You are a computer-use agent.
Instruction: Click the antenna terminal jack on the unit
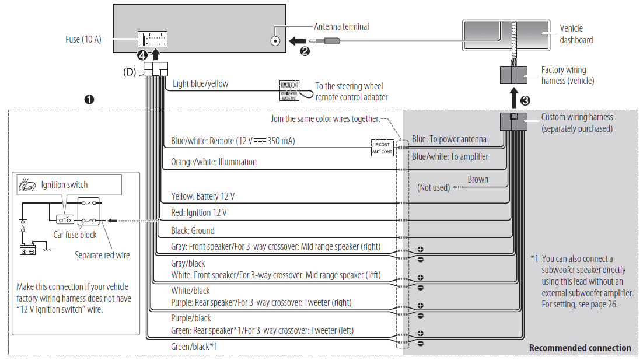275,41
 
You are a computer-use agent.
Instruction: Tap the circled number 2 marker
304,51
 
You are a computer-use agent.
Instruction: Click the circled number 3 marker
525,99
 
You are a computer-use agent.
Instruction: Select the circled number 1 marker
89,100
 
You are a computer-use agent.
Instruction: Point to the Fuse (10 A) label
83,40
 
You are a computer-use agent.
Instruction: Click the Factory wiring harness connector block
513,76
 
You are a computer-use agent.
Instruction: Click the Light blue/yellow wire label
201,84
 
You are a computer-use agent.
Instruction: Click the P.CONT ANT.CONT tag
382,147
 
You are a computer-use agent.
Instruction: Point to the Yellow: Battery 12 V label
203,197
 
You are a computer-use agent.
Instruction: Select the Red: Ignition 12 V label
199,213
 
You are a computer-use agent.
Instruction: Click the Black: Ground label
193,230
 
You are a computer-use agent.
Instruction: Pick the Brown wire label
477,180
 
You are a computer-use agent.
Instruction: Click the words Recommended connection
579,348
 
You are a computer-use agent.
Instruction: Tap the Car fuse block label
75,235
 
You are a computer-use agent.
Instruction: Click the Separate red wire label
102,255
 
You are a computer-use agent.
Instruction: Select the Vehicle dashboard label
576,34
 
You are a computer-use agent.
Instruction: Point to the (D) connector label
130,72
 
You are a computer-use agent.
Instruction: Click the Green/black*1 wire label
194,347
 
